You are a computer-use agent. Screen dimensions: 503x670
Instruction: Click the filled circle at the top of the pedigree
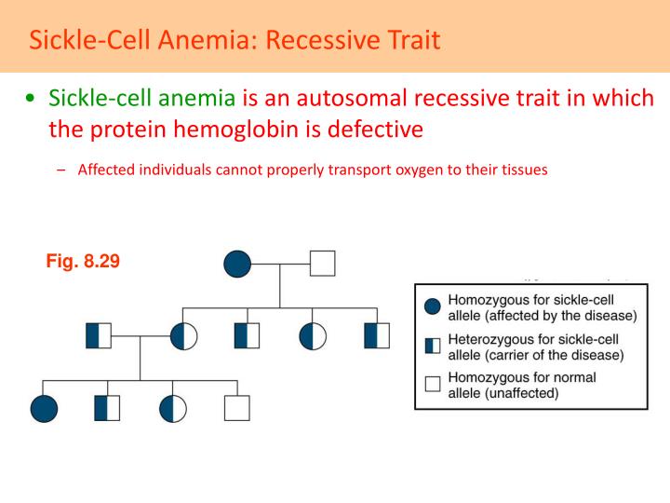237,264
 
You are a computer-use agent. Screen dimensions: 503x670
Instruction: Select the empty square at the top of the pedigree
322,264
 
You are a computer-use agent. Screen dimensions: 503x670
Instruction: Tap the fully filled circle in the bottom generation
44,408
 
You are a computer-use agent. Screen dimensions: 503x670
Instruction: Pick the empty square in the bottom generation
237,408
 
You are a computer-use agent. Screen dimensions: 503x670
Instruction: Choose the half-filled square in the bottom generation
108,408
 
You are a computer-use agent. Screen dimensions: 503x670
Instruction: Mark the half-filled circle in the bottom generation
173,408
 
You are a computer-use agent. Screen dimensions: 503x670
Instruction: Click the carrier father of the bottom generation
99,335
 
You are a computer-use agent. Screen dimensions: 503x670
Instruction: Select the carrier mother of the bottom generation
183,335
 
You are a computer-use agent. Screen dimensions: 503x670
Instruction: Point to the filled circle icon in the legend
432,306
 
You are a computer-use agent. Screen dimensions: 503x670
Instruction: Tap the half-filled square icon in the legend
432,346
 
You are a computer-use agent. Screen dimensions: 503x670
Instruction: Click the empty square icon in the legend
432,384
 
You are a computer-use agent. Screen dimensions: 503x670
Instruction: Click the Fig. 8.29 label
83,262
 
